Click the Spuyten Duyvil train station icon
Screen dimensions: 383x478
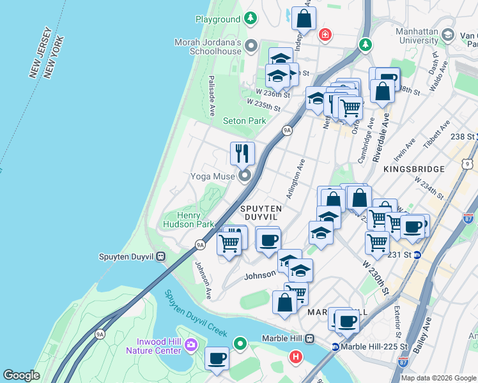[161, 257]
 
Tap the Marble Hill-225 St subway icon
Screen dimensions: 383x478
[335, 347]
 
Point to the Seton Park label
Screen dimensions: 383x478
[244, 121]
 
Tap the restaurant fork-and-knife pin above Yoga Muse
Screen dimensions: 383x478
[242, 153]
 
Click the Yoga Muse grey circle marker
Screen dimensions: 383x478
[244, 176]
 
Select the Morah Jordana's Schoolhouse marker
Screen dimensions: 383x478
[251, 45]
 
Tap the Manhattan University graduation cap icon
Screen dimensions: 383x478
[447, 35]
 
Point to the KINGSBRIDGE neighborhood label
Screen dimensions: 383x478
[414, 169]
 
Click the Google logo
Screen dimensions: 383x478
[21, 375]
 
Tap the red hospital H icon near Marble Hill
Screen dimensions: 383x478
[295, 356]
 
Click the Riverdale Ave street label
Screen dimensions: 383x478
[382, 133]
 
